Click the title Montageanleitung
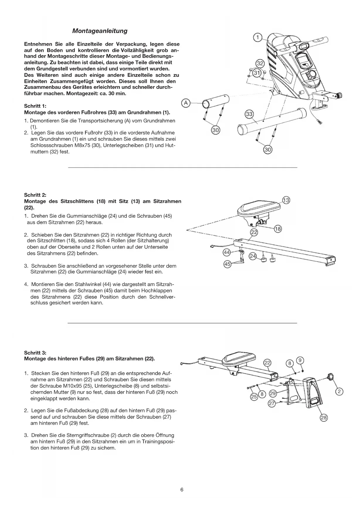pyautogui.click(x=100, y=31)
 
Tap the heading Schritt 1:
pyautogui.click(x=35, y=106)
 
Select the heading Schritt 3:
pyautogui.click(x=35, y=353)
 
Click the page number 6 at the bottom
pyautogui.click(x=182, y=490)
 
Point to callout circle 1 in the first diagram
pyautogui.click(x=257, y=38)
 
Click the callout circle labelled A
pyautogui.click(x=186, y=103)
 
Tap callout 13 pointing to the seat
pyautogui.click(x=286, y=200)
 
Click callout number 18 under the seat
pyautogui.click(x=277, y=229)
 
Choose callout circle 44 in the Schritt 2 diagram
pyautogui.click(x=227, y=252)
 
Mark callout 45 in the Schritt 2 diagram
pyautogui.click(x=227, y=264)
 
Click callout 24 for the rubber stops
pyautogui.click(x=253, y=256)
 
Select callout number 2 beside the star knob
pyautogui.click(x=339, y=392)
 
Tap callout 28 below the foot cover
pyautogui.click(x=324, y=418)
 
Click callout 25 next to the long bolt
pyautogui.click(x=253, y=397)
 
